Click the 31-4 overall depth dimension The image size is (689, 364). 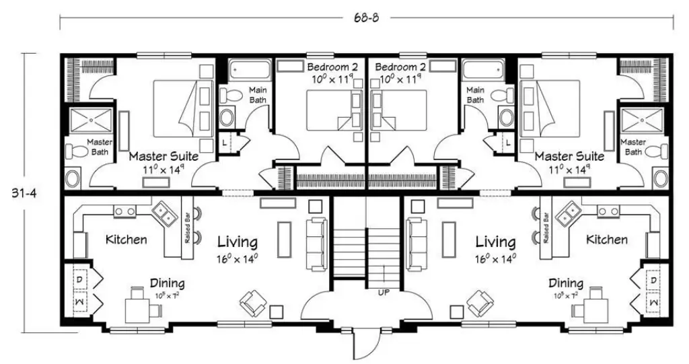tap(25, 192)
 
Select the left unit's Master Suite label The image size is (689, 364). tap(164, 156)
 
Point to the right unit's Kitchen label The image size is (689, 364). tap(606, 240)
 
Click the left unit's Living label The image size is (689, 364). tap(236, 242)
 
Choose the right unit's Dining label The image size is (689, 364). tap(565, 283)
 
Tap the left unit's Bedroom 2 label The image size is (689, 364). tap(333, 67)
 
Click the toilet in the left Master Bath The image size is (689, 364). tap(77, 149)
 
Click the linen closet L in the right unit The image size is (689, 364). tap(507, 142)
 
